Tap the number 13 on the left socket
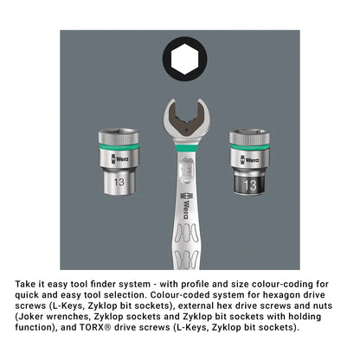[119, 182]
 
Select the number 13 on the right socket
[250, 185]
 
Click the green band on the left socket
[119, 146]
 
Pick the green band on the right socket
[249, 147]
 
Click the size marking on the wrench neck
[186, 170]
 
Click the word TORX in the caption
[91, 327]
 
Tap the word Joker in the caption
[30, 317]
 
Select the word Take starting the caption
[24, 284]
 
